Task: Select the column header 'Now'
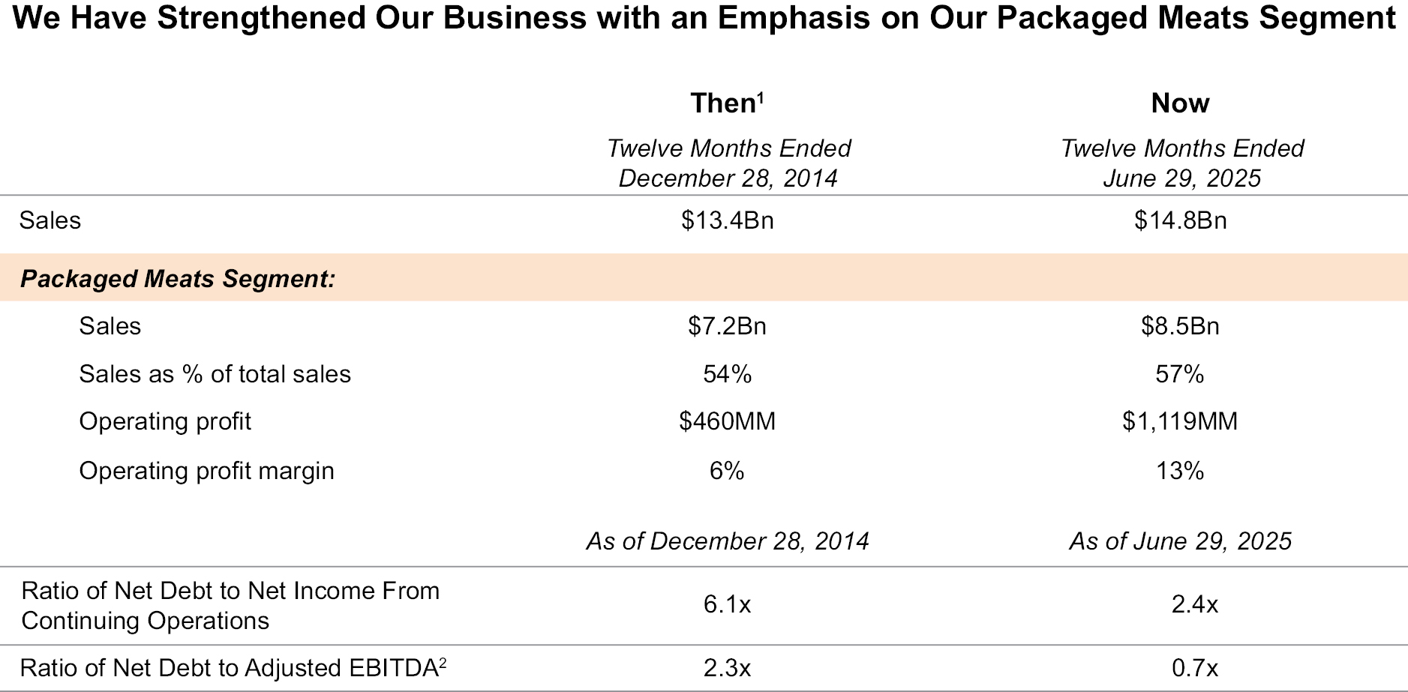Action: pyautogui.click(x=1180, y=103)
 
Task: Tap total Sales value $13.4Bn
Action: pyautogui.click(x=727, y=220)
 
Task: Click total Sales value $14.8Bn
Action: pyautogui.click(x=1180, y=220)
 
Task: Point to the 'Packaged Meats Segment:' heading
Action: pyautogui.click(x=177, y=279)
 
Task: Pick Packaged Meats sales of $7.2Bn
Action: pyautogui.click(x=727, y=326)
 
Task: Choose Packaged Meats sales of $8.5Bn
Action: pyautogui.click(x=1180, y=326)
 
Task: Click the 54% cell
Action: pyautogui.click(x=727, y=374)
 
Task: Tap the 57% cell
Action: pyautogui.click(x=1180, y=374)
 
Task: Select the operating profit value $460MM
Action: pyautogui.click(x=727, y=421)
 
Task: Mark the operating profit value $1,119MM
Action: pyautogui.click(x=1180, y=421)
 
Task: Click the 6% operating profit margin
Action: pyautogui.click(x=727, y=471)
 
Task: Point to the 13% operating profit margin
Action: pyautogui.click(x=1180, y=471)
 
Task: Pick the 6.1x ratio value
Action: pyautogui.click(x=727, y=604)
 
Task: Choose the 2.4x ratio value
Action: pyautogui.click(x=1194, y=604)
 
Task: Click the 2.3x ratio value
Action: pyautogui.click(x=727, y=668)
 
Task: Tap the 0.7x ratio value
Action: pyautogui.click(x=1194, y=668)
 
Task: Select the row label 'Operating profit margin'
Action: pyautogui.click(x=206, y=471)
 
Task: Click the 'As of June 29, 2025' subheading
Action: pyautogui.click(x=1180, y=541)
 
